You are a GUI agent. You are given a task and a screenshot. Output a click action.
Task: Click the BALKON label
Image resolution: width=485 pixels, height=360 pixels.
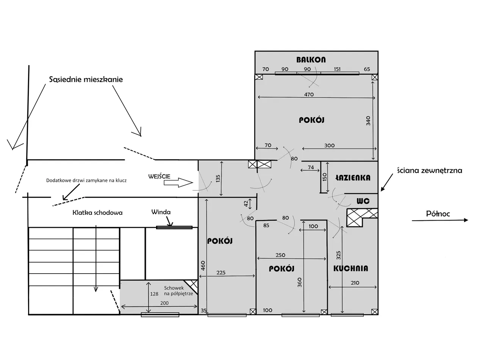[x=311, y=60]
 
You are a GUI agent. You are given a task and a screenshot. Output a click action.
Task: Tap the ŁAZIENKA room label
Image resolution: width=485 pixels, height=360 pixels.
[x=353, y=178]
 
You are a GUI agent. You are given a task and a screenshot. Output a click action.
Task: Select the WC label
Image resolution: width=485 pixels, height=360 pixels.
[x=363, y=201]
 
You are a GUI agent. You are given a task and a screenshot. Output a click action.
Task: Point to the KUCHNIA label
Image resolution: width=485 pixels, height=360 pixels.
[x=350, y=268]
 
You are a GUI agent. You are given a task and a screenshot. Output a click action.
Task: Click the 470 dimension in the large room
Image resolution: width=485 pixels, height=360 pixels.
[x=309, y=94]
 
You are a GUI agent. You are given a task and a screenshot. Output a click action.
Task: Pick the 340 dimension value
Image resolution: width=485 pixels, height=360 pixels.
[x=368, y=121]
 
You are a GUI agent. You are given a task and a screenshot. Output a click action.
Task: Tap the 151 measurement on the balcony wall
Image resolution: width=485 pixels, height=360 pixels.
[x=337, y=69]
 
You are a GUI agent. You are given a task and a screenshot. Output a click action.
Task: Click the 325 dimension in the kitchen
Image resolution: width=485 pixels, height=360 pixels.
[x=338, y=255]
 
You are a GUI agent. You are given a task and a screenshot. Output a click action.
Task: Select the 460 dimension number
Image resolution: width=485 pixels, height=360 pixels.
[x=203, y=266]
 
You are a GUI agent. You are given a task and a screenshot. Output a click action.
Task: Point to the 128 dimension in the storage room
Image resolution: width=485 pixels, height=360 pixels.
[x=154, y=294]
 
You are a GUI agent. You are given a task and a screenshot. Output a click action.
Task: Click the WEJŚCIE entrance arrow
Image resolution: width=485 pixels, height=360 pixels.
[x=178, y=182]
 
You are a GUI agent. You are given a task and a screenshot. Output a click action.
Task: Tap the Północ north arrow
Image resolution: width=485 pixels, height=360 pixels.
[x=440, y=220]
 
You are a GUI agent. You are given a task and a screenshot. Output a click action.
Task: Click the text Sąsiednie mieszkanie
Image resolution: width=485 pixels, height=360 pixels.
[x=86, y=80]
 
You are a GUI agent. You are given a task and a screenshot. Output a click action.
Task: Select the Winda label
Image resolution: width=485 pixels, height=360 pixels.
[x=161, y=212]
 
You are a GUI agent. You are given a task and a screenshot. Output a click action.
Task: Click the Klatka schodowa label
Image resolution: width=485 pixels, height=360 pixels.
[x=97, y=213]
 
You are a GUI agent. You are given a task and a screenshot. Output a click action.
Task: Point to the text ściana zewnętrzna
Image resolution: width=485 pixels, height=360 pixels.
[x=430, y=171]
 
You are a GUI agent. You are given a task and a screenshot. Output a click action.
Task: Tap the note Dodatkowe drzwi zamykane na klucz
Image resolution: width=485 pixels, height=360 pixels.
[x=86, y=180]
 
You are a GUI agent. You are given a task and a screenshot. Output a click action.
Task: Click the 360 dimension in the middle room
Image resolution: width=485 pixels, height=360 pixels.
[x=300, y=282]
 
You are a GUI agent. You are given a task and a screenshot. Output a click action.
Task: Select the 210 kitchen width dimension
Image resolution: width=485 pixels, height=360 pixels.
[x=355, y=283]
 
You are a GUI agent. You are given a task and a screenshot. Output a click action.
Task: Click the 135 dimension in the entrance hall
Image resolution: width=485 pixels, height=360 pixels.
[x=218, y=178]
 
